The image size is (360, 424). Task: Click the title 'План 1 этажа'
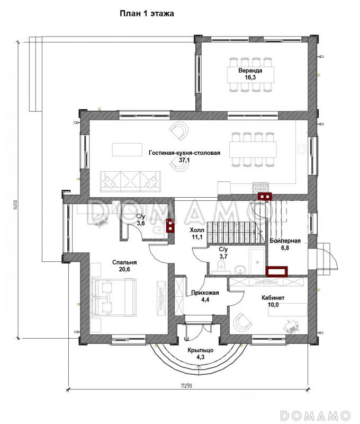(147, 14)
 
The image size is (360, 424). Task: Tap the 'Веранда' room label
(250, 70)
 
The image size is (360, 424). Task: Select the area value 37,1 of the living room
(184, 160)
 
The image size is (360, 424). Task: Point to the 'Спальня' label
(124, 262)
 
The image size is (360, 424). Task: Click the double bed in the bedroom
(113, 297)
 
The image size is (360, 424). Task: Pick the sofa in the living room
(130, 181)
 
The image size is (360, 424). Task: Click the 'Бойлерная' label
(285, 241)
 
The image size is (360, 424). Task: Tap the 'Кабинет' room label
(273, 298)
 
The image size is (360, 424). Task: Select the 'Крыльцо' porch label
(201, 350)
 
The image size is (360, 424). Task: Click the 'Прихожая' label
(205, 293)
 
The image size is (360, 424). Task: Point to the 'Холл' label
(197, 230)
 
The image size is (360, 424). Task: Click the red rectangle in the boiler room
(276, 271)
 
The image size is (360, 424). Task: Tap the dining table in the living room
(253, 149)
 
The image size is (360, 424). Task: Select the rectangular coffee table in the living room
(127, 149)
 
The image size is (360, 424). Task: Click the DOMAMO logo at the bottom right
(316, 415)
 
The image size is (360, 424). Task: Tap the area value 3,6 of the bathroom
(141, 223)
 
